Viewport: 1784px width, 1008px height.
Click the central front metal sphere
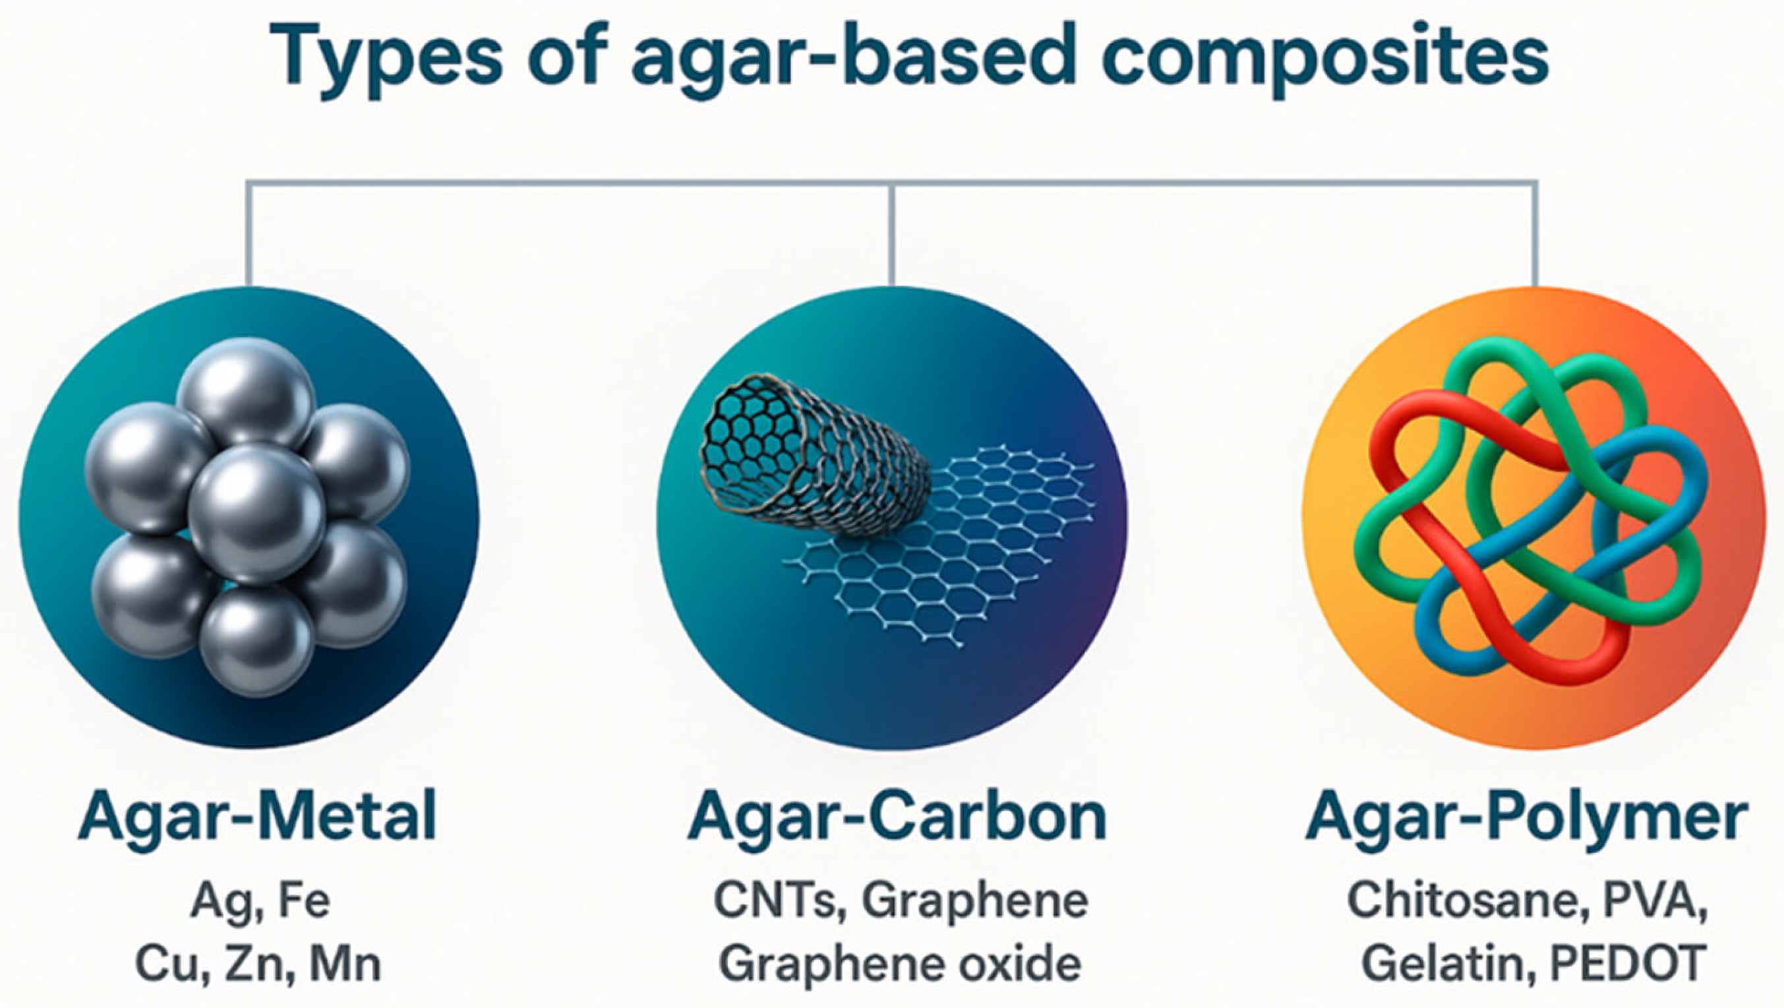click(x=256, y=513)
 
